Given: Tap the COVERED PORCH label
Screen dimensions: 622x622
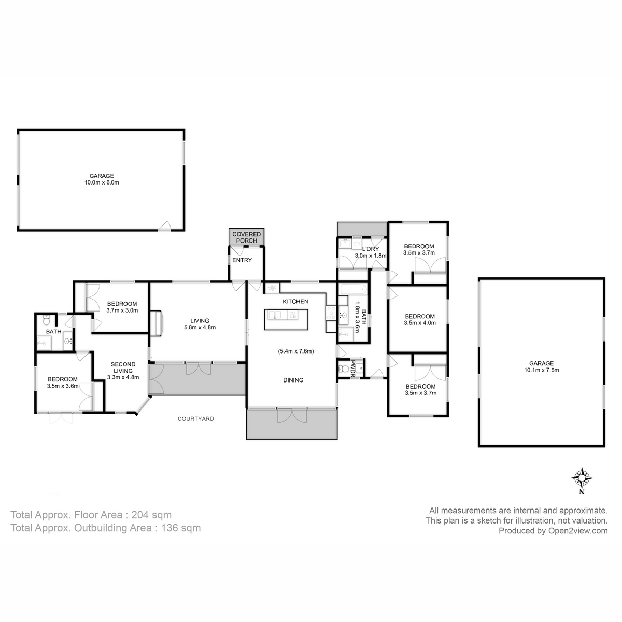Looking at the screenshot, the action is click(246, 237).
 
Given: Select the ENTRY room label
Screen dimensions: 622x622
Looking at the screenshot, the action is click(242, 260).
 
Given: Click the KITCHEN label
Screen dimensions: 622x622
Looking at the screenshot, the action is click(295, 302).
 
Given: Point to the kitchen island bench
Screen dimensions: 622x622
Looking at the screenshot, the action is click(286, 320).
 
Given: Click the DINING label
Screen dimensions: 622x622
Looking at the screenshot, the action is click(293, 380).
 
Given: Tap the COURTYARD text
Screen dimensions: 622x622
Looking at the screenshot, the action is click(195, 419).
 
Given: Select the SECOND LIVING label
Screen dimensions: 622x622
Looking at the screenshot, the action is click(123, 367).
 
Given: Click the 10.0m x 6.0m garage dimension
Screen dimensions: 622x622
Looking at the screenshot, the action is click(102, 182).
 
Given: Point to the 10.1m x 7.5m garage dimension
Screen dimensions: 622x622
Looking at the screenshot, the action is click(541, 370).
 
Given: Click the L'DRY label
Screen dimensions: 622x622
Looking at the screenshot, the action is click(371, 249).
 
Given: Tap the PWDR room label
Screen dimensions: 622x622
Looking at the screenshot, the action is click(353, 369).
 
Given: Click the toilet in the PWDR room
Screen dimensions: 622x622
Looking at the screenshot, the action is click(343, 369).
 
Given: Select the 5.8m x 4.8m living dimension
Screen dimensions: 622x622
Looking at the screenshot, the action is click(200, 327).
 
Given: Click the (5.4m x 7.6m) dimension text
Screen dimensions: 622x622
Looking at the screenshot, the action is click(296, 351).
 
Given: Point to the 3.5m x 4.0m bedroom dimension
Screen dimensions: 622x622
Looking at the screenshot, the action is click(420, 323).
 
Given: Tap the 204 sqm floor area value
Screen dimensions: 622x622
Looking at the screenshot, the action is click(151, 515).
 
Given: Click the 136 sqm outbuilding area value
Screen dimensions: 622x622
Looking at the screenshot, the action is click(181, 528).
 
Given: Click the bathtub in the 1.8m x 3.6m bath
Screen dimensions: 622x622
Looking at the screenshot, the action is click(354, 289).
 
